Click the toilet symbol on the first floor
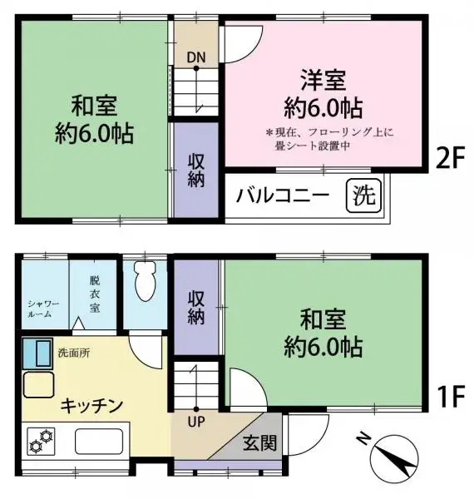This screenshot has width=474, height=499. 144,283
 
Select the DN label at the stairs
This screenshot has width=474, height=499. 195,57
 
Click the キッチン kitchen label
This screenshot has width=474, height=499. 91,405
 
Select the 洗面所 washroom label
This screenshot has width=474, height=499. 74,352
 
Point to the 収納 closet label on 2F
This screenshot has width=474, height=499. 196,169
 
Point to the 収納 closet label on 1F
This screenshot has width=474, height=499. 196,307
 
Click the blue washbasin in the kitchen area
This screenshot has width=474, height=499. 37,353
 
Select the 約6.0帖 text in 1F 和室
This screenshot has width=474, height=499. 323,345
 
